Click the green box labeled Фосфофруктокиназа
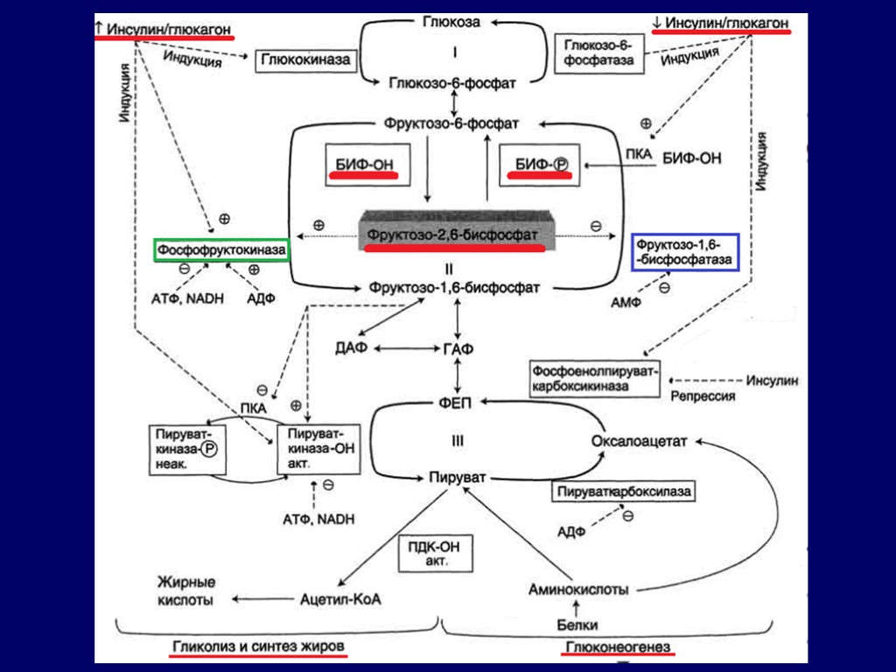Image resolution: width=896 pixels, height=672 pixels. (221, 250)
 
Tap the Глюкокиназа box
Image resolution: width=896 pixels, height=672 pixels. (304, 60)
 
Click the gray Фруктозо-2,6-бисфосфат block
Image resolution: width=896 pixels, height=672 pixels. (451, 232)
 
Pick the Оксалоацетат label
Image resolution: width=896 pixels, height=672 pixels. (640, 440)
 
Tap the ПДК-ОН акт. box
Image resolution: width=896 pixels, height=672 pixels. (435, 554)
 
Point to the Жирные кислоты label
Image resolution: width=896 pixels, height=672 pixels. (185, 591)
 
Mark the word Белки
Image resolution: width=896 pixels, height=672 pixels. (577, 625)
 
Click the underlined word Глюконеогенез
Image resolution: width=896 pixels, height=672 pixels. (618, 647)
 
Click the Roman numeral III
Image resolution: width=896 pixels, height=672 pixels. (457, 443)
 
